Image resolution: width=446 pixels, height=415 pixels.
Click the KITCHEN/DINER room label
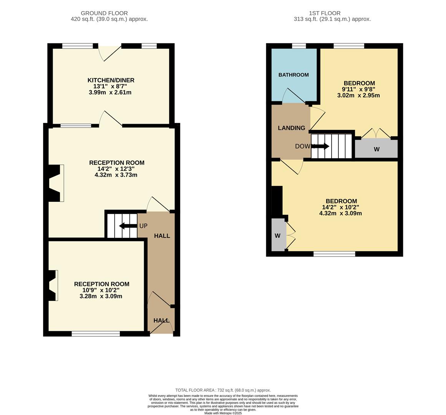pos(111,80)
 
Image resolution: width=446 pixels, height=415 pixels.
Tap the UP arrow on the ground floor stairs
pos(127,226)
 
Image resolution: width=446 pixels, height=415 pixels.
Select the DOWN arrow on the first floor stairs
pos(321,146)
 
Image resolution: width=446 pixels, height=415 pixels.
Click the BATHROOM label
pos(293,75)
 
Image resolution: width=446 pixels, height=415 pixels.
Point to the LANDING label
pos(291,128)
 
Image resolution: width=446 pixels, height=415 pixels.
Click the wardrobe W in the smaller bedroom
pos(376,149)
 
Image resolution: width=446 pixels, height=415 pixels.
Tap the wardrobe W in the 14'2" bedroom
pos(277,235)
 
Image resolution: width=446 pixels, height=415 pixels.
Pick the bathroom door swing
pos(294,96)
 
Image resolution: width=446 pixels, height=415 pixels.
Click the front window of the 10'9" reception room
pos(96,334)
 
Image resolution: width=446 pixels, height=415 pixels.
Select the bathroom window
pos(299,46)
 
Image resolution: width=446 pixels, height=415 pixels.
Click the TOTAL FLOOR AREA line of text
pos(223,390)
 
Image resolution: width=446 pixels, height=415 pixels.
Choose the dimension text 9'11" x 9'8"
pos(359,89)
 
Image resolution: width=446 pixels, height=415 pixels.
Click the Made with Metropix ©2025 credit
pos(223,413)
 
